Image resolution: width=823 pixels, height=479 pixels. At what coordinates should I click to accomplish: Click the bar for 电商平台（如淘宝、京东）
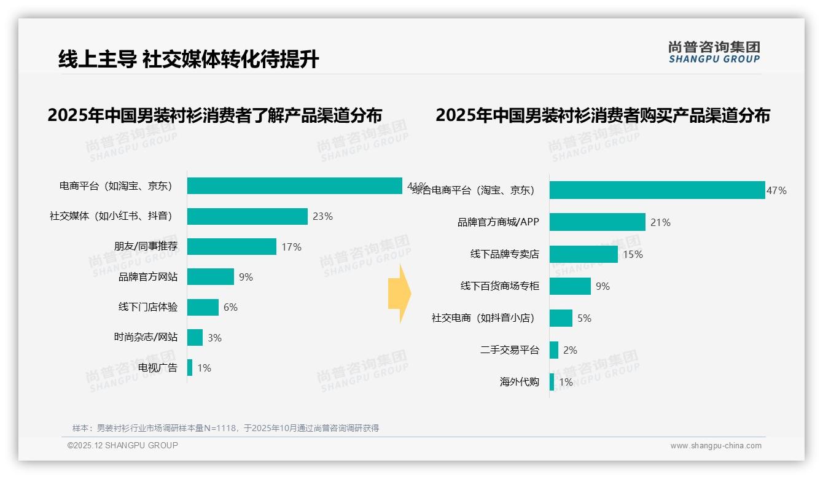pos(295,186)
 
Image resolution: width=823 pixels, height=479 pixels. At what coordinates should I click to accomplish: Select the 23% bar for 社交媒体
pos(247,216)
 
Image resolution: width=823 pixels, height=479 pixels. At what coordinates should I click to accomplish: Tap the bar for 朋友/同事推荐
pos(232,247)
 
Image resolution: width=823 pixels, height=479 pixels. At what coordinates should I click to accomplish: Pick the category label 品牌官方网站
pos(148,277)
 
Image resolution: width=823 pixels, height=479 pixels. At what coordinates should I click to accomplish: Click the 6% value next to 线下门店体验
pos(230,307)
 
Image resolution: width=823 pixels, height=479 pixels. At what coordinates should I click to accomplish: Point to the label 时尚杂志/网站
pos(146,337)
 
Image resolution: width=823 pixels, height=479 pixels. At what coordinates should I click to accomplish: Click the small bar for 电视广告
pos(190,368)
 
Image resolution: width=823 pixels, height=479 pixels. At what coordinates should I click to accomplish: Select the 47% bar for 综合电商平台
pos(657,190)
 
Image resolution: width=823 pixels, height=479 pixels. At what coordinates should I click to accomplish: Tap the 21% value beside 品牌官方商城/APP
pos(660,222)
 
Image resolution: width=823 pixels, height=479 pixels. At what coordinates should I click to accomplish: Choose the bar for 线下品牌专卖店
pos(583,254)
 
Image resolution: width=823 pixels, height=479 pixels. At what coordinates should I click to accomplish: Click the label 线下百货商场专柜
pos(500,286)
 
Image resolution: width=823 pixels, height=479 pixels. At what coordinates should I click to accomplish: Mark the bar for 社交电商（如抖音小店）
pos(561,318)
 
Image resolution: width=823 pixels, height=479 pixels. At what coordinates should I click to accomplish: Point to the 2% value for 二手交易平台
pos(570,350)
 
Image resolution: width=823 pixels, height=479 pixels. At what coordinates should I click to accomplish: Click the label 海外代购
pos(520,382)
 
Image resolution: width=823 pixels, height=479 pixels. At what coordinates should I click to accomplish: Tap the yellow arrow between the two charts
pos(399,294)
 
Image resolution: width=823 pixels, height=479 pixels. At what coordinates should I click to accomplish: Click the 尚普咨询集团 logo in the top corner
pos(714,52)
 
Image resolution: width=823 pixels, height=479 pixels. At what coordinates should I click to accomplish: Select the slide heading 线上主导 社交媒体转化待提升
pos(189,60)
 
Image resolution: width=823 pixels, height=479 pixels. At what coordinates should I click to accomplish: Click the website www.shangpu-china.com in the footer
pos(716,446)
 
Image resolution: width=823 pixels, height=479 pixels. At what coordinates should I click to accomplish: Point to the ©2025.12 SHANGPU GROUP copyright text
pos(123,445)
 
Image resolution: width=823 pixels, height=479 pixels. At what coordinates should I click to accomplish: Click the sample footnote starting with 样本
pos(225,428)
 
